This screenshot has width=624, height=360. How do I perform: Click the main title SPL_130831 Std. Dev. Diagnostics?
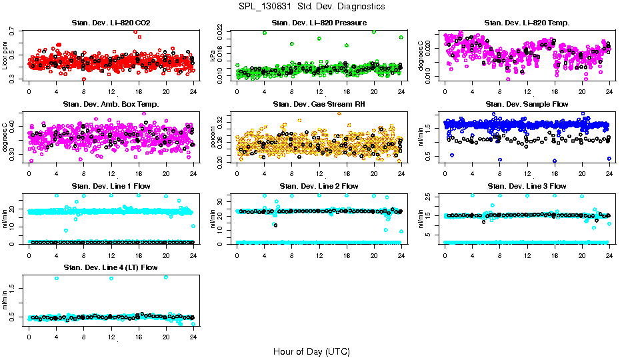click(311, 7)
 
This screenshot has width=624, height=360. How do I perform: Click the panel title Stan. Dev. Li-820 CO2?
click(111, 23)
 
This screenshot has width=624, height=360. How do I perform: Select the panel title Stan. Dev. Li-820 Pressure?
click(319, 23)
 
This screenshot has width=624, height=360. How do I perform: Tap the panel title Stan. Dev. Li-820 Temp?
click(527, 23)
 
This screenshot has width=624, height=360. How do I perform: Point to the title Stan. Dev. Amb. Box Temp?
click(111, 104)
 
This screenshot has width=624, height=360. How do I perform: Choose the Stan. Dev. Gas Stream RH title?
click(319, 104)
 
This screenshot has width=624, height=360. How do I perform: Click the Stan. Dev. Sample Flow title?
click(527, 104)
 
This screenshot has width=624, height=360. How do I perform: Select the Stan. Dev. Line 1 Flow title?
click(111, 186)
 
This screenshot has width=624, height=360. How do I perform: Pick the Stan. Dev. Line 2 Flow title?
click(319, 186)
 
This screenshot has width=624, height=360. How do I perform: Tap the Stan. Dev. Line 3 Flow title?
click(527, 186)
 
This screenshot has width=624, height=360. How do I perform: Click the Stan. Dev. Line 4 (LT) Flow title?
click(111, 267)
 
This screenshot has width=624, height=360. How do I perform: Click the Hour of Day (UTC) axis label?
click(311, 351)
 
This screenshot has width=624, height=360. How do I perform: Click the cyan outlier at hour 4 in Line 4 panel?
click(57, 278)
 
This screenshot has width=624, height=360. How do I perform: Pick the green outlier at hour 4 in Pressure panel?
click(265, 33)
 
